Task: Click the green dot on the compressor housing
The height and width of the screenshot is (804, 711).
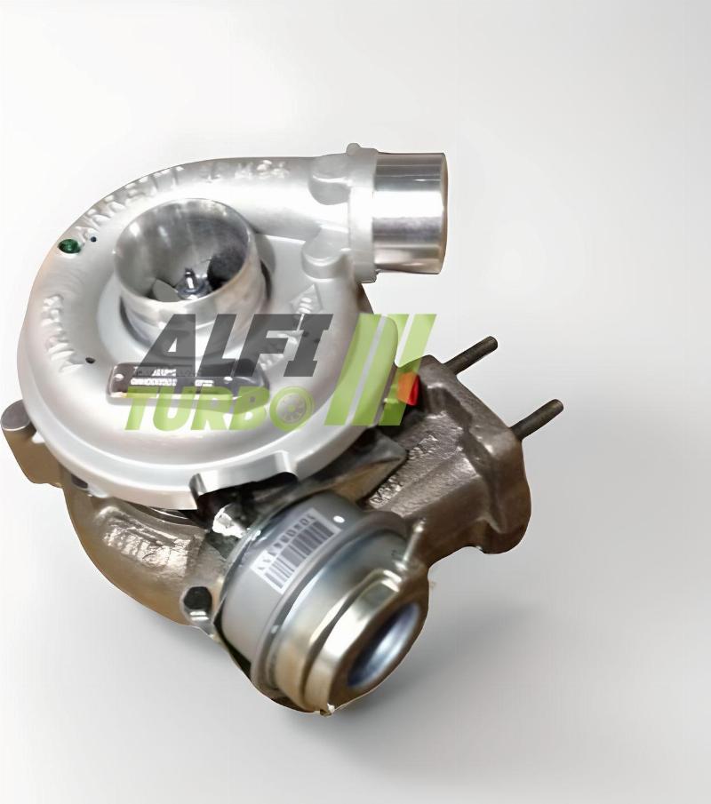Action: (66, 245)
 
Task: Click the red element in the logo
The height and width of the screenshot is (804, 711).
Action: (407, 386)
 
